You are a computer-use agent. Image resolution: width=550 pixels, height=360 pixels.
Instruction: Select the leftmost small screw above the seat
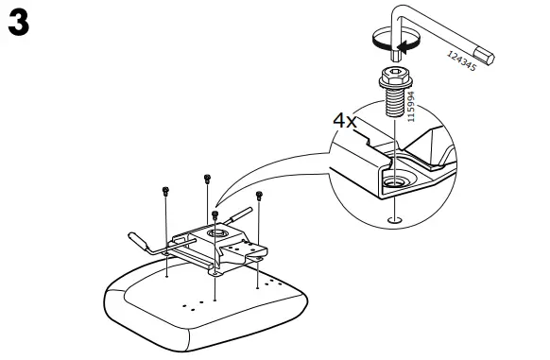[x=166, y=192]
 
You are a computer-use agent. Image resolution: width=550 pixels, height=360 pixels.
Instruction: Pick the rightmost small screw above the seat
[x=259, y=197]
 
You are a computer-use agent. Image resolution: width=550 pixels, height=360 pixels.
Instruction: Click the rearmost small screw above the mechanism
[x=206, y=179]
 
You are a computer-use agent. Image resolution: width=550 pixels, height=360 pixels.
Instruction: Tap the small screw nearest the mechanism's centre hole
[x=215, y=215]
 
